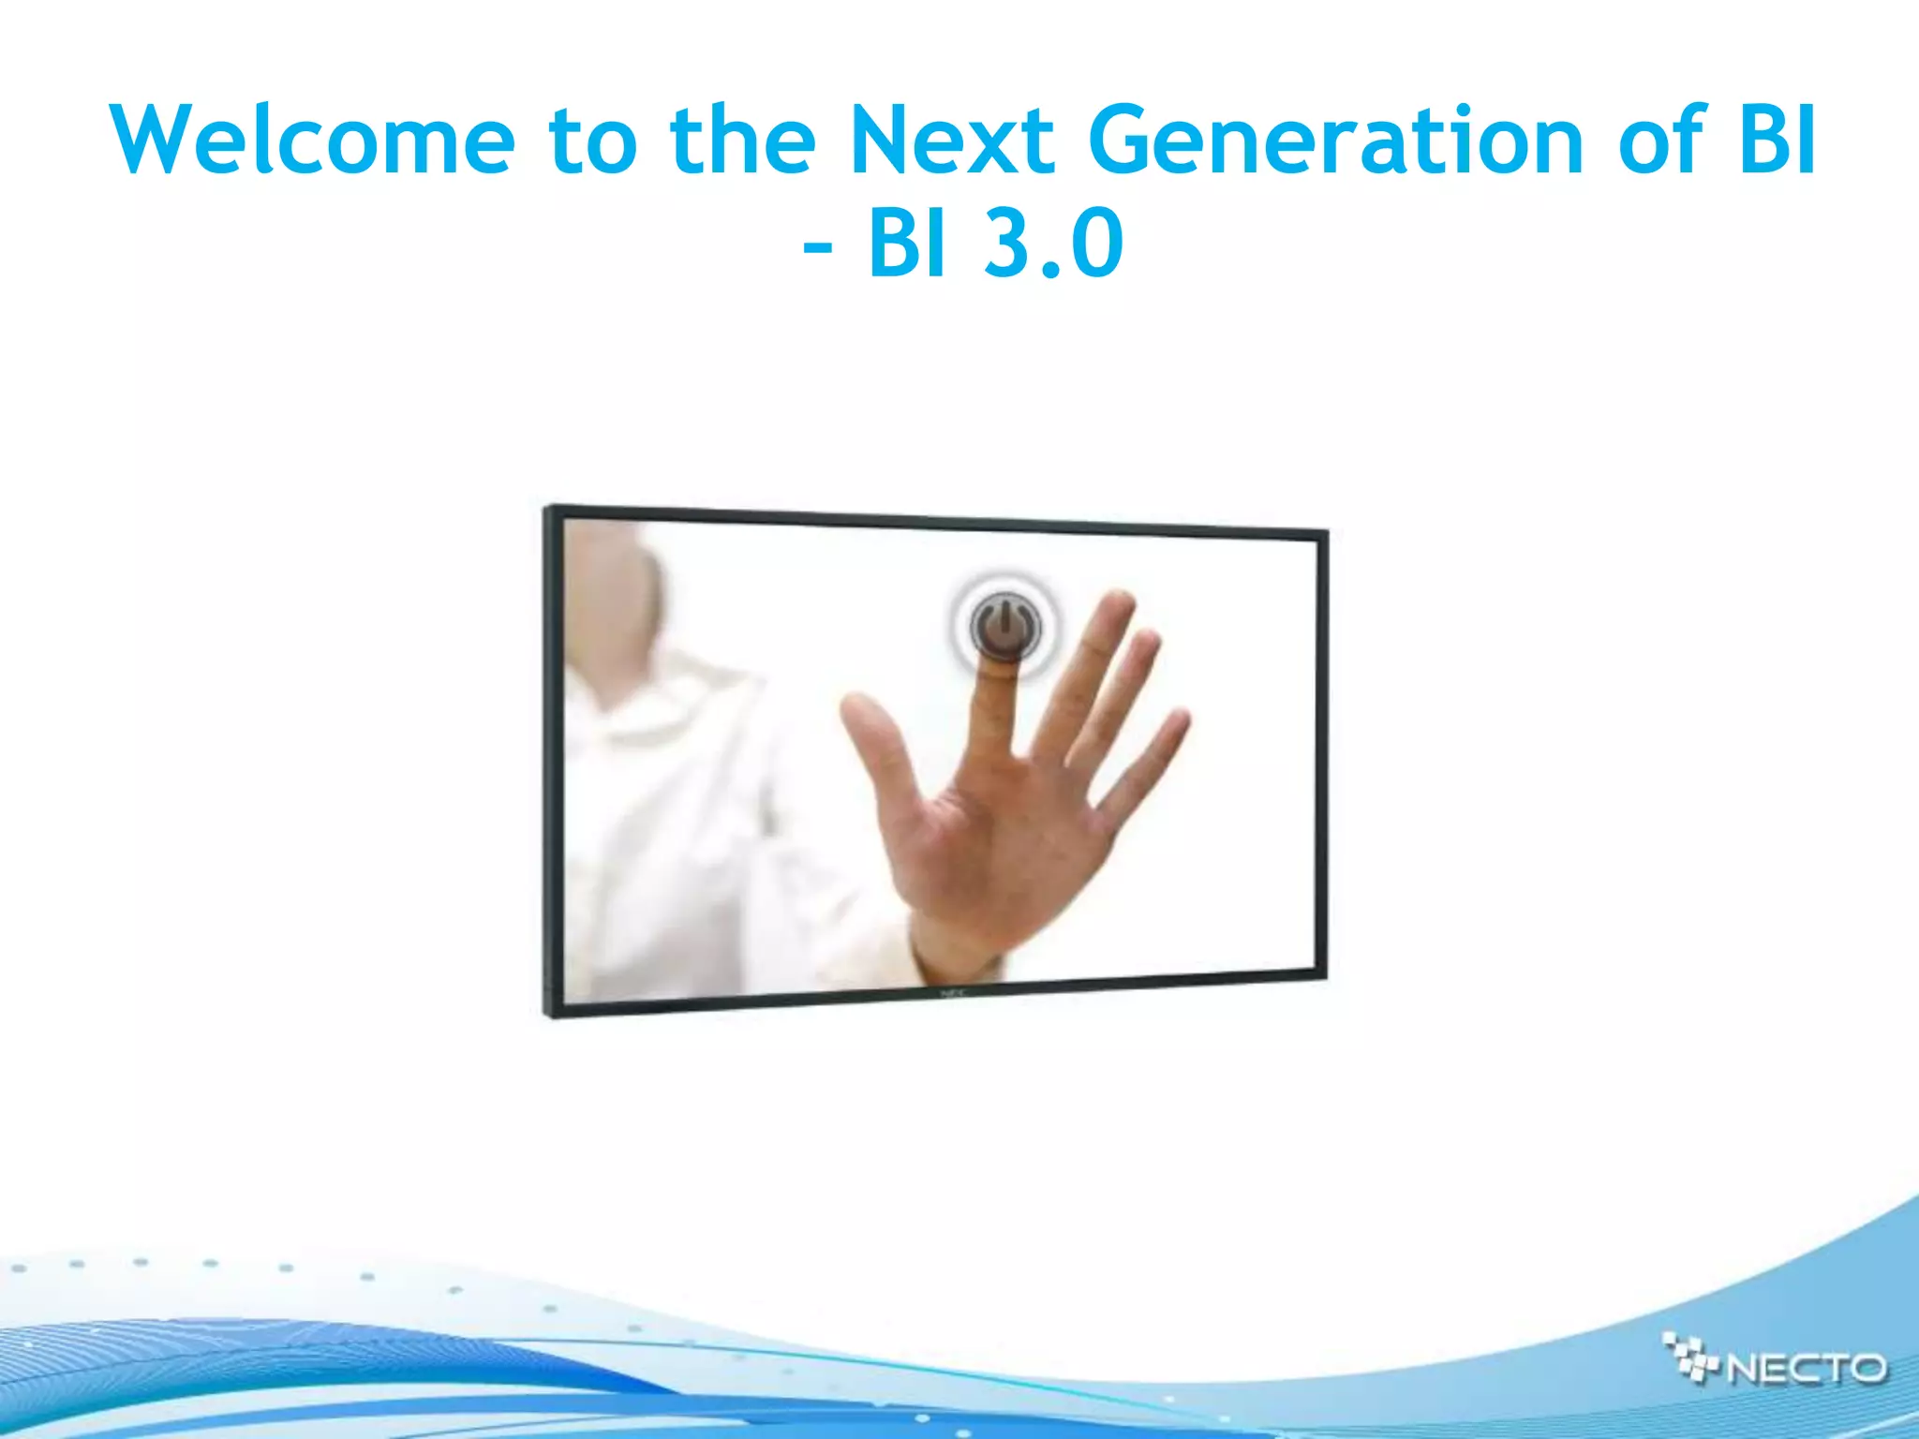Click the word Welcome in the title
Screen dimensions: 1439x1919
(313, 141)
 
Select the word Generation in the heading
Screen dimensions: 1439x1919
(1335, 141)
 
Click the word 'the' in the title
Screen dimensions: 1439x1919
(742, 141)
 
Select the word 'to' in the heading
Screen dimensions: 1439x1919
(592, 141)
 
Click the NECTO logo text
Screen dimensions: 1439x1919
(1807, 1369)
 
